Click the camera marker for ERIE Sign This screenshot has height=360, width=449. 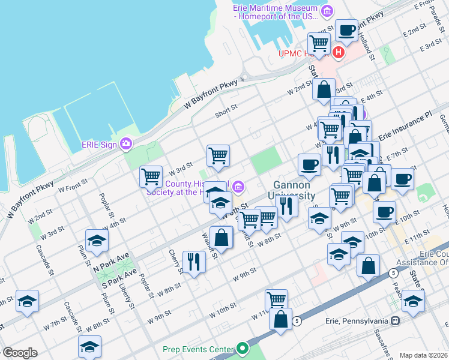[126, 143]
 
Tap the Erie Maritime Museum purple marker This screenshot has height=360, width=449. [327, 10]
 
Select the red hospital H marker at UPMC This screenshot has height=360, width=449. [339, 53]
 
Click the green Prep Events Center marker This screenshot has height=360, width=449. [242, 348]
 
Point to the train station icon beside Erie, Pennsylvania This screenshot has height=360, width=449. [396, 321]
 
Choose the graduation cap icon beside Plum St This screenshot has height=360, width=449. [96, 241]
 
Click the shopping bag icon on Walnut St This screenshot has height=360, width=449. [221, 237]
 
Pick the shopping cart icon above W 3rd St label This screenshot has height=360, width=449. [218, 155]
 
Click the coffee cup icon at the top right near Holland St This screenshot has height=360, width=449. [346, 30]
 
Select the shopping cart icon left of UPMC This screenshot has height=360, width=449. [319, 43]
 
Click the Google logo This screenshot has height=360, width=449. [19, 353]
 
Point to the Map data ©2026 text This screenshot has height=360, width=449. [423, 355]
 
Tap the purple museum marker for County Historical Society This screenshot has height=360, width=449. [238, 187]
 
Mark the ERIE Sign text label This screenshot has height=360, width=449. [99, 144]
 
